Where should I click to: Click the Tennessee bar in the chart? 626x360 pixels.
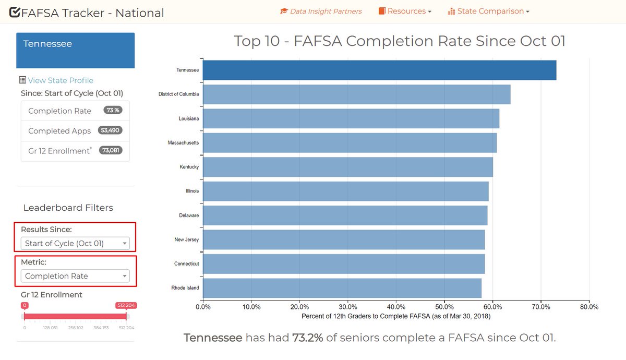click(379, 70)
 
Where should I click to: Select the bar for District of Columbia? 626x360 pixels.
click(356, 94)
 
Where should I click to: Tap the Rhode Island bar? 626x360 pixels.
click(342, 288)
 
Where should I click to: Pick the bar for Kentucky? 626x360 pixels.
click(347, 167)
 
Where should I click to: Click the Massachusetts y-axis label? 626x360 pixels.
click(183, 143)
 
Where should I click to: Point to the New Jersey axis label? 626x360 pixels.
click(186, 240)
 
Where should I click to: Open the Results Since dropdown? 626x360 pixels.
click(75, 244)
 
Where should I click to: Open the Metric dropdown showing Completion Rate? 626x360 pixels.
click(75, 276)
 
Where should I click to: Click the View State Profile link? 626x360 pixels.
click(61, 80)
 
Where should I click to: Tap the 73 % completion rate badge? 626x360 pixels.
click(112, 111)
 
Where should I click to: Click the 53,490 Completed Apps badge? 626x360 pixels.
click(111, 131)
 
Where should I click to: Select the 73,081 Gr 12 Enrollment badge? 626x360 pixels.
click(111, 151)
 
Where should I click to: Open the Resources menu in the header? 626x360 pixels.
click(405, 11)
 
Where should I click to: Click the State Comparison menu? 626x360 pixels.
click(489, 11)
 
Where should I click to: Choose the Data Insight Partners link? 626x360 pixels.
click(321, 11)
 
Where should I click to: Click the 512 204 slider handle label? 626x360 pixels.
click(126, 306)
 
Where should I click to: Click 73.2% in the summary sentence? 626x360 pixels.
click(307, 338)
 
